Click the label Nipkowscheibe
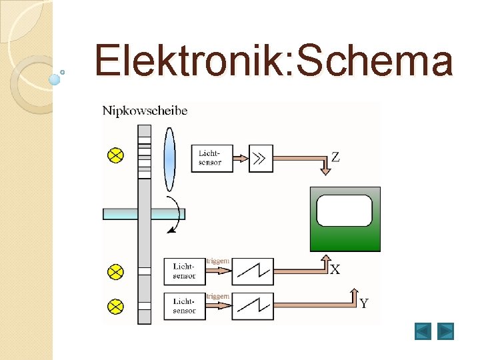(145, 111)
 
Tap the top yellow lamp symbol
(116, 155)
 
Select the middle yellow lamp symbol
(116, 272)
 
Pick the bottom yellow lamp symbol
(116, 307)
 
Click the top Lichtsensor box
(212, 158)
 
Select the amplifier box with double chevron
(261, 158)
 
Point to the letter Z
(335, 157)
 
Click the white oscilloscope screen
(345, 211)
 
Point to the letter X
(335, 269)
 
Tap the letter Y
(364, 304)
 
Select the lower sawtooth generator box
(253, 306)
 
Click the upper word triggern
(218, 261)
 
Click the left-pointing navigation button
(423, 331)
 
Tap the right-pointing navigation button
(445, 331)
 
